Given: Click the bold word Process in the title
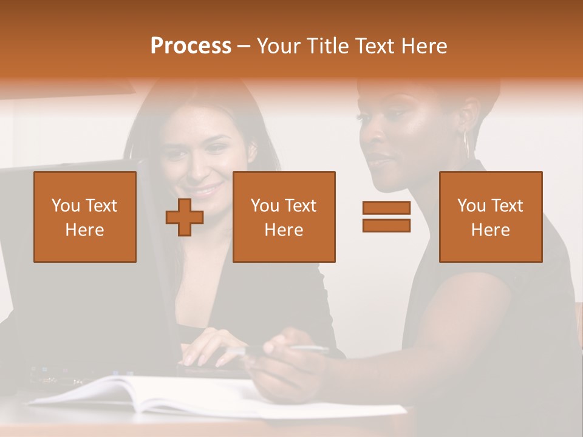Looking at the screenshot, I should (x=191, y=46).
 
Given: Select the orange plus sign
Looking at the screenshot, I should (x=185, y=217).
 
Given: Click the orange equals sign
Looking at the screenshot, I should (x=386, y=217).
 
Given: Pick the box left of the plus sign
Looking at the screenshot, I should (x=85, y=217).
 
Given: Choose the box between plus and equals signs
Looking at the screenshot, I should (x=284, y=217).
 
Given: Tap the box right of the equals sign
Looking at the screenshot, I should (x=491, y=217).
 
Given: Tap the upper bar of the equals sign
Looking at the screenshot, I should (x=386, y=208).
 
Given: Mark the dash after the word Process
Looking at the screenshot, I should (x=244, y=47).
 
